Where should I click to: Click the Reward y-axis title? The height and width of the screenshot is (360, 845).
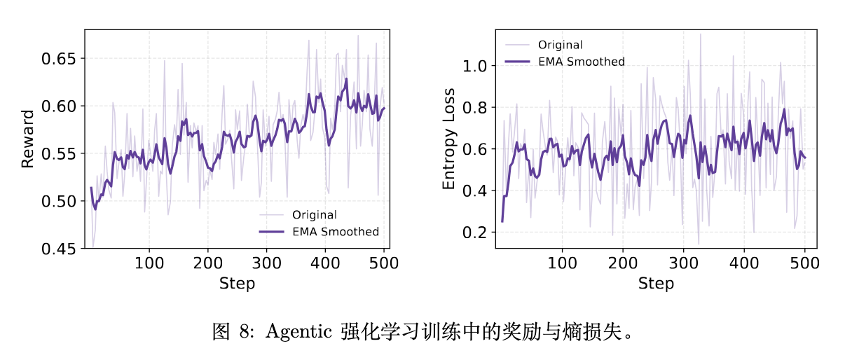(x=27, y=139)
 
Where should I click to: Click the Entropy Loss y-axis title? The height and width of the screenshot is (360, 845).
(x=448, y=139)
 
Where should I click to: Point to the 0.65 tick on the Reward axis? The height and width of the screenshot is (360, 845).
(x=58, y=59)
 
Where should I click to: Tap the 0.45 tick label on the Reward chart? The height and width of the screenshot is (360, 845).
(x=58, y=249)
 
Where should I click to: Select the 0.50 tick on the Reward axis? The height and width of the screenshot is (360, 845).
(x=58, y=201)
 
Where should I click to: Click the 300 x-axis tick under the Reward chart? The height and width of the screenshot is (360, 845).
(x=266, y=263)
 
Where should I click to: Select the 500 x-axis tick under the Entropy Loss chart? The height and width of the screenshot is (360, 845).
(x=804, y=263)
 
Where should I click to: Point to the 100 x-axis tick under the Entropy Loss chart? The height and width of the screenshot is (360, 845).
(x=562, y=263)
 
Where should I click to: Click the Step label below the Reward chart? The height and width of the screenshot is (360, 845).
(x=237, y=284)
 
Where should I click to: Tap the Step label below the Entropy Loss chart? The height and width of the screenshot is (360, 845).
(x=656, y=284)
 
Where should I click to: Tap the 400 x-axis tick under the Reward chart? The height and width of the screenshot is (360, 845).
(x=325, y=263)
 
